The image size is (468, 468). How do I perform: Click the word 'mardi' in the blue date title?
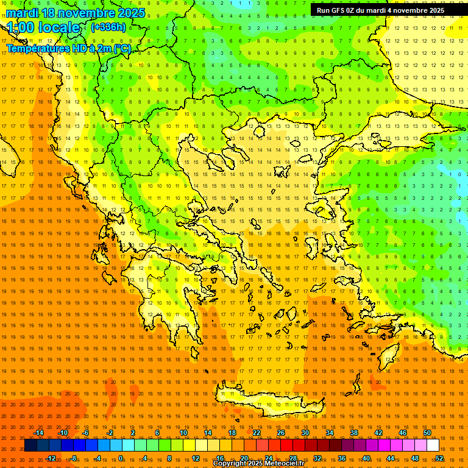24,13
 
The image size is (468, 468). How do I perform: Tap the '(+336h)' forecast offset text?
108,27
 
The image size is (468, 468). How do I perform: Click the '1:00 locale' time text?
43,28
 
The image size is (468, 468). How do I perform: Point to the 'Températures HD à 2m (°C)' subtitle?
68,48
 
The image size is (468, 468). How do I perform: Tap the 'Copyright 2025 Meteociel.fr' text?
259,464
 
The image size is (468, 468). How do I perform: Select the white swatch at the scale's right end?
433,445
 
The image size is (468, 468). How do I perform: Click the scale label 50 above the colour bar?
427,433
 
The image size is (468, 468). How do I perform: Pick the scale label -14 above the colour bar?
39,433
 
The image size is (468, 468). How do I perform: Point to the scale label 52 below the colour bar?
439,458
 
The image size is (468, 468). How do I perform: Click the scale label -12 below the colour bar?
51,458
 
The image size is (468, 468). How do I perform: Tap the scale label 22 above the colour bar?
257,433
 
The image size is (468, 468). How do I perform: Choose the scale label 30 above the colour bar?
305,433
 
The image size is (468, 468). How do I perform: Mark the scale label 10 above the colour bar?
183,433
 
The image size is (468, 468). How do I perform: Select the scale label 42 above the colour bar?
378,433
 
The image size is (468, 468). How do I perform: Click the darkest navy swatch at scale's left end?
30,445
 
